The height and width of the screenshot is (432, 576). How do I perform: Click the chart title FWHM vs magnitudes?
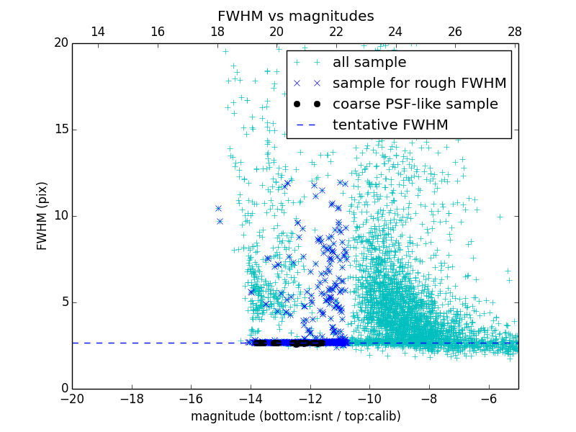[295, 16]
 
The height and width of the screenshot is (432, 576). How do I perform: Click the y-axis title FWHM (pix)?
[42, 216]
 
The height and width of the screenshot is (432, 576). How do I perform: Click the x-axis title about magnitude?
[295, 416]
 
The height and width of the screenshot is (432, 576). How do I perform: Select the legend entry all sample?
[369, 63]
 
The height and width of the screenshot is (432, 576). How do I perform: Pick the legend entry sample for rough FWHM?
[419, 84]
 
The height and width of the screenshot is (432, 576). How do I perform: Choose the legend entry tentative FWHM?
[390, 125]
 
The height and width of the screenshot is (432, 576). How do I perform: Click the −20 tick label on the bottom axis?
[72, 399]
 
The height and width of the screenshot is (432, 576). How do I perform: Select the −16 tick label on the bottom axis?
[191, 399]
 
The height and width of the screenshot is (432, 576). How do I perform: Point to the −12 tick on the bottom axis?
[310, 399]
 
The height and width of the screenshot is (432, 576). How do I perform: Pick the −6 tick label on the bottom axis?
[488, 399]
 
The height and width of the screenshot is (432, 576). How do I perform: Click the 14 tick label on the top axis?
[98, 32]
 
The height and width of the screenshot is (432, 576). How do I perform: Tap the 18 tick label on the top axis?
[217, 32]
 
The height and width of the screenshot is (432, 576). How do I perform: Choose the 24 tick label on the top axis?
[395, 32]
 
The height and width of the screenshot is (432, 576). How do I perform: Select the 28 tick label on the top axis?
[514, 32]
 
